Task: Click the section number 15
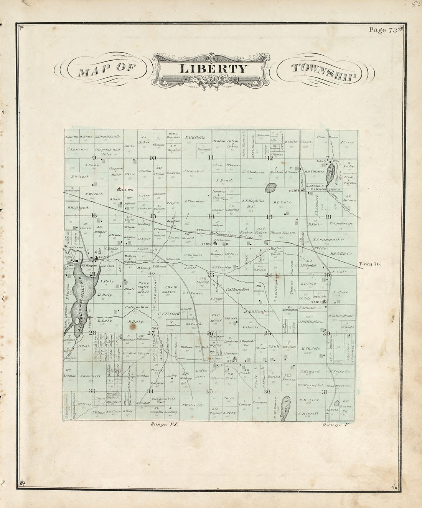[x=153, y=216]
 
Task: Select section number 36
[x=267, y=391]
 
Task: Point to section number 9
[x=94, y=157]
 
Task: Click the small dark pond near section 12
[x=270, y=188]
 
